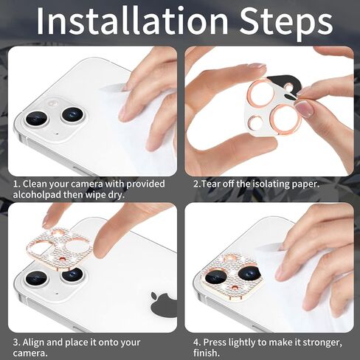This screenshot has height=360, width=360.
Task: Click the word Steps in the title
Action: [286, 23]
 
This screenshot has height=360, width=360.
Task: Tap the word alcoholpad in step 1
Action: [37, 195]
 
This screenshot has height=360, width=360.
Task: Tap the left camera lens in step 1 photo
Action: [37, 119]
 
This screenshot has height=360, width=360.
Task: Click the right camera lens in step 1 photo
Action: [73, 114]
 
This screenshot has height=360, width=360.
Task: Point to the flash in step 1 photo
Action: [52, 103]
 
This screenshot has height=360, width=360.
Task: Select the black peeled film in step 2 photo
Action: [285, 84]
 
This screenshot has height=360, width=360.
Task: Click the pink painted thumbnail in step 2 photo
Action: [304, 109]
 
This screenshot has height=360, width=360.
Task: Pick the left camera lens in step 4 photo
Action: [215, 276]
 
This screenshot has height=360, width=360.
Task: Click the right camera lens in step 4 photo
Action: [249, 271]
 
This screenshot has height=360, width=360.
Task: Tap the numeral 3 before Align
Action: [15, 342]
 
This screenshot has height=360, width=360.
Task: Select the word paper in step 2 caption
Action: [305, 184]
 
